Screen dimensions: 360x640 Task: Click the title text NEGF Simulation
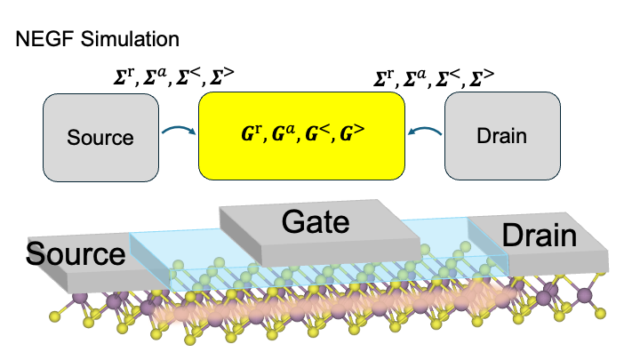pyautogui.click(x=97, y=40)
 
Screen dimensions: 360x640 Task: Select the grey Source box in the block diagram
pyautogui.click(x=100, y=137)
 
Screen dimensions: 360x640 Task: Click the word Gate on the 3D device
pyautogui.click(x=317, y=222)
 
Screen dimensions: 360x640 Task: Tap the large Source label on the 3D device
pyautogui.click(x=76, y=253)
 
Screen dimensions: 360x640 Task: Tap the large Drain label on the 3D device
pyautogui.click(x=540, y=236)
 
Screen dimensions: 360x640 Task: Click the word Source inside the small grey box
pyautogui.click(x=100, y=138)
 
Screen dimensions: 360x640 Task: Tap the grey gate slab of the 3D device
pyautogui.click(x=373, y=240)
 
